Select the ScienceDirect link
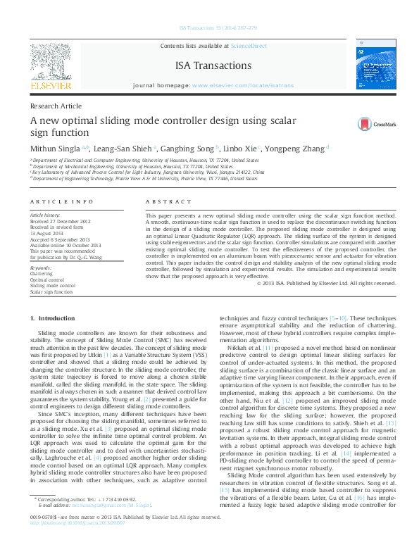[249, 45]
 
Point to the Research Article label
[56, 106]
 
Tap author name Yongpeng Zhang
[294, 149]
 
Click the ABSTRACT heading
[163, 201]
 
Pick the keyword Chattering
[41, 274]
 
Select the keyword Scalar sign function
[51, 291]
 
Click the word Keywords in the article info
[41, 268]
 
